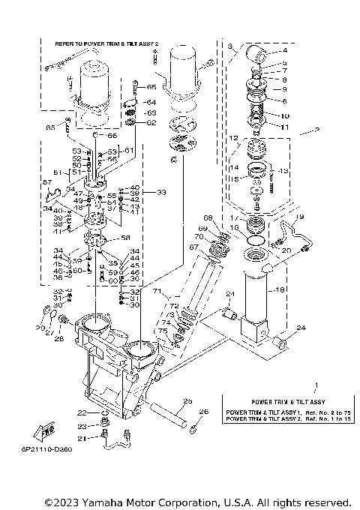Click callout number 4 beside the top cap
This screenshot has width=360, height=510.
click(x=284, y=51)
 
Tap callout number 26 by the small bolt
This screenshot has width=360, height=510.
click(x=204, y=411)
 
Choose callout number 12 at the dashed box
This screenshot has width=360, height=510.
click(x=233, y=138)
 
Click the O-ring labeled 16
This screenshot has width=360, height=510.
click(x=255, y=241)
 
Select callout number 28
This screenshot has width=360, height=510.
click(x=59, y=339)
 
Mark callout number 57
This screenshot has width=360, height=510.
click(x=46, y=182)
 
